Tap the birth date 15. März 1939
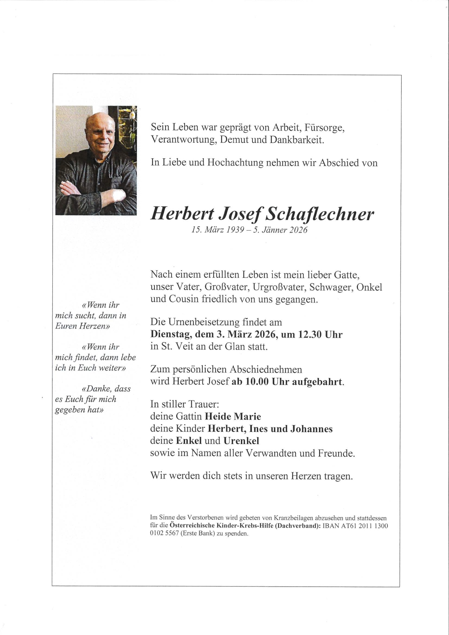pos(218,230)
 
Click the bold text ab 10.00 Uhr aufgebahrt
pos(288,382)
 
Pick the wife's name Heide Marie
pos(233,417)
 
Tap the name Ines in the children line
pos(259,429)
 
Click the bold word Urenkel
pos(241,441)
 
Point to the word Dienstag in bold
pos(171,335)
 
